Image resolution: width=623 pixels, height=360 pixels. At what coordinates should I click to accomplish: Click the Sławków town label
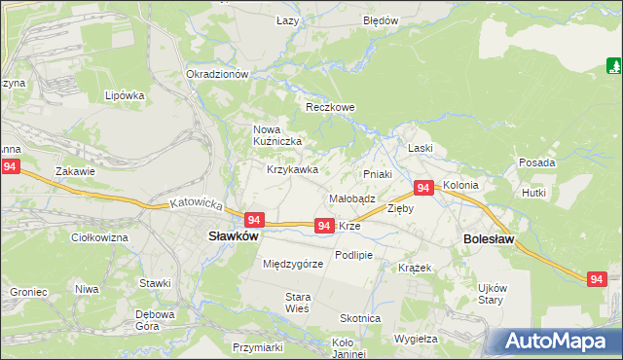[233, 235]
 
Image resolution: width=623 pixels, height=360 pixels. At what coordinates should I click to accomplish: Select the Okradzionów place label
[218, 74]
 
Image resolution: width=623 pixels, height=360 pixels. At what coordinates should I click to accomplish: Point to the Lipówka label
[125, 96]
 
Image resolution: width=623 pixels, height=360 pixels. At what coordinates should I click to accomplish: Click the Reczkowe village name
[330, 107]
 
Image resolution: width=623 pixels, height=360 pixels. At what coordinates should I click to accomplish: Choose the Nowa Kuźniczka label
[277, 135]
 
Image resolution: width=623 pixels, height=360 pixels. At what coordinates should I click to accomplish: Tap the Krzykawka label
[293, 169]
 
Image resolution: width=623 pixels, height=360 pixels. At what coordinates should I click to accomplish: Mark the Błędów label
[381, 20]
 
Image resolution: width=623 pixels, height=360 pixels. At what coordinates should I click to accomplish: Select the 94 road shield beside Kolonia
[423, 188]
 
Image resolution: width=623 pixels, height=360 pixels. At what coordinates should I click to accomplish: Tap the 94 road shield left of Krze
[325, 226]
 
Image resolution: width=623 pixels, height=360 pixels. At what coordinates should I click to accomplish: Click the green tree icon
[614, 66]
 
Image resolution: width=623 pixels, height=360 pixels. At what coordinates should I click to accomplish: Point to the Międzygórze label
[293, 264]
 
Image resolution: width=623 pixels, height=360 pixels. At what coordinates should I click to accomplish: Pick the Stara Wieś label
[297, 302]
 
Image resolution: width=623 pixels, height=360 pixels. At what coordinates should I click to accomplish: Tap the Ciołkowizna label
[100, 237]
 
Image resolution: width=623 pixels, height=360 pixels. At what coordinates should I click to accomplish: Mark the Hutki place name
[534, 194]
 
